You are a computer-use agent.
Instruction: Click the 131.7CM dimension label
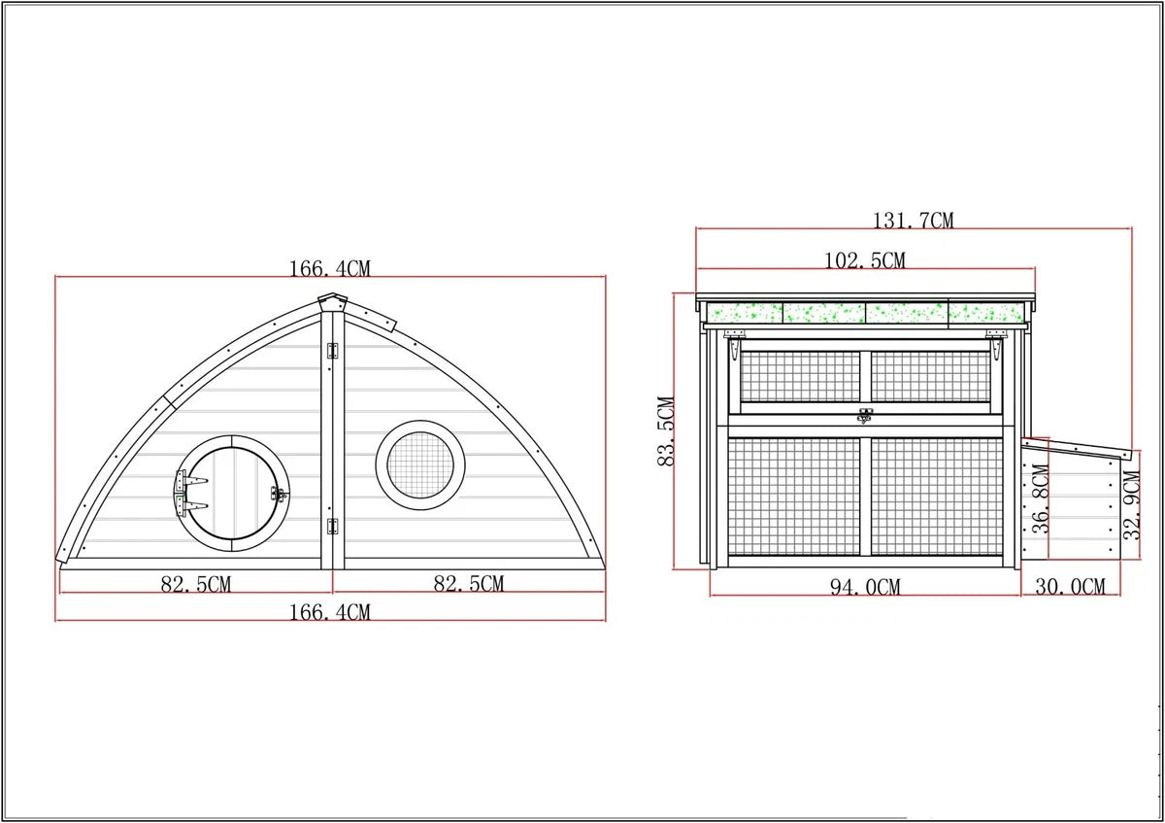(913, 221)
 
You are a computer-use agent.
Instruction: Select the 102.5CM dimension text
(864, 260)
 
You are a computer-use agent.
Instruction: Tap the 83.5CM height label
(667, 430)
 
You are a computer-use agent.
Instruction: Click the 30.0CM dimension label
(1069, 587)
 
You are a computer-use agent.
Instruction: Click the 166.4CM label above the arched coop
(329, 268)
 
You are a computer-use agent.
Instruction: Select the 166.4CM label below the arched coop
(329, 612)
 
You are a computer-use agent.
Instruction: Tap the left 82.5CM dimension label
(195, 584)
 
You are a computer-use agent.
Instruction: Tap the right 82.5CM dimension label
(468, 583)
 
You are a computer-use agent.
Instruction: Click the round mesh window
(419, 463)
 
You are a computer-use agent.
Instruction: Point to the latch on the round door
(281, 494)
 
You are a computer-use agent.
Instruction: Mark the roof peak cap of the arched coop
(332, 301)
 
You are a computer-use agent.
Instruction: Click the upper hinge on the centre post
(333, 351)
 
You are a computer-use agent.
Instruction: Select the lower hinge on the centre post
(333, 528)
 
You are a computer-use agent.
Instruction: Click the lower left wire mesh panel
(793, 497)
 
